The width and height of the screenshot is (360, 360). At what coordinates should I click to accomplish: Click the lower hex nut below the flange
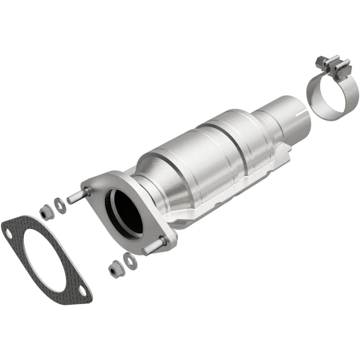[x=114, y=270]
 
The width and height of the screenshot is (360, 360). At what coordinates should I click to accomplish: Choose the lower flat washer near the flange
[x=129, y=259]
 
